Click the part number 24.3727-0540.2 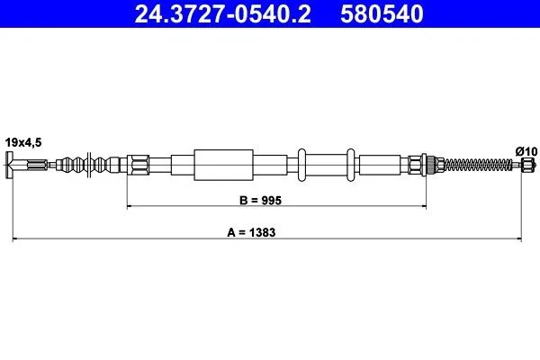tap(223, 13)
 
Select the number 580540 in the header tap(382, 13)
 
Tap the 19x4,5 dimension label tap(23, 142)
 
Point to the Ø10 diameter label tap(526, 151)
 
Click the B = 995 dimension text tap(260, 200)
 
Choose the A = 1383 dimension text tap(251, 232)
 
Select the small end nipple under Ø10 tap(527, 165)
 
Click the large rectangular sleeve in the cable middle tap(224, 165)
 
